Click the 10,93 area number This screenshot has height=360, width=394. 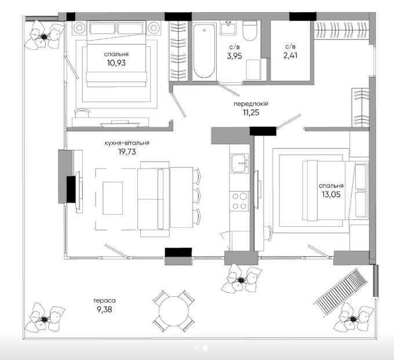click(116, 63)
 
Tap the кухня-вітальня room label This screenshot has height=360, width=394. click(127, 143)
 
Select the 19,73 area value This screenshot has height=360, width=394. click(127, 152)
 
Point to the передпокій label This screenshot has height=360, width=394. click(251, 104)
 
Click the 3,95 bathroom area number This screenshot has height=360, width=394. click(234, 56)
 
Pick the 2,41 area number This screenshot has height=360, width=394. click(290, 55)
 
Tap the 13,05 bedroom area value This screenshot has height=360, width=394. click(331, 194)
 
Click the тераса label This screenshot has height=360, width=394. click(104, 300)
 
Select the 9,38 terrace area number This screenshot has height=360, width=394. click(104, 310)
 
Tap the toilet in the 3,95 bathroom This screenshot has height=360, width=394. click(250, 30)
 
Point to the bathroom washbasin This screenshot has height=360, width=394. click(228, 28)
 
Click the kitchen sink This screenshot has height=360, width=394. click(240, 163)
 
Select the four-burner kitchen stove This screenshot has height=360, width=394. click(239, 201)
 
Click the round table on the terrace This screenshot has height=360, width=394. click(174, 311)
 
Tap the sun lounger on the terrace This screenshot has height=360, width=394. click(341, 292)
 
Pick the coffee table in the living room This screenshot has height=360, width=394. click(113, 198)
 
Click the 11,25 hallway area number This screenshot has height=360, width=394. click(251, 112)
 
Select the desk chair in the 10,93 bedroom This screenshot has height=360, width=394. click(82, 113)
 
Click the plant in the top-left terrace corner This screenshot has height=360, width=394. click(44, 36)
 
